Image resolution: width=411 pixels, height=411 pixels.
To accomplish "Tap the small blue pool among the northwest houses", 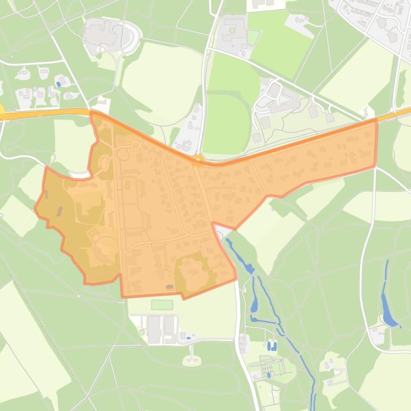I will coord(58,84).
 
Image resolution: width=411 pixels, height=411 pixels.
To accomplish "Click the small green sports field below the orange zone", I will coord(162,305).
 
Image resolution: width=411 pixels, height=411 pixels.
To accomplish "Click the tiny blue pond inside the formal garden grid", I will coord(269,375).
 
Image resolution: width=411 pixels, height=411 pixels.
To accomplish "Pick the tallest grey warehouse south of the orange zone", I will coord(154,329).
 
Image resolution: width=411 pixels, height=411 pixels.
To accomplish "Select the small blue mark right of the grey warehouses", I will coord(188,338).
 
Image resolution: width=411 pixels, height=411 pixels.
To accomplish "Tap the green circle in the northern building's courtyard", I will coord(232,30).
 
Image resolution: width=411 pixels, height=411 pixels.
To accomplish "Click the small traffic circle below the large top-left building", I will coord(101,50).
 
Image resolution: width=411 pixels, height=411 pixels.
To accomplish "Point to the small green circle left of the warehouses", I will coord(141,332).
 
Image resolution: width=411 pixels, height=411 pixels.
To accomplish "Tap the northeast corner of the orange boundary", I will coord(376,121).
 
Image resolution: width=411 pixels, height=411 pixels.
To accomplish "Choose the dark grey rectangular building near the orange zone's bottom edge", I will coord(170,287).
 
